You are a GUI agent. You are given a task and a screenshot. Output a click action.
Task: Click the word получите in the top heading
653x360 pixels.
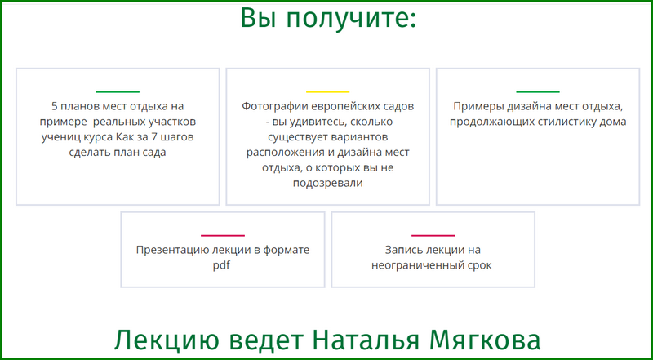pos(352,18)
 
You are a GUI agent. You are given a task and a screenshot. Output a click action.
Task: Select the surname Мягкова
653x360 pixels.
pos(485,340)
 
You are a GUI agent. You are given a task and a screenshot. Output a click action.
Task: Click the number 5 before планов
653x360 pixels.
pos(54,106)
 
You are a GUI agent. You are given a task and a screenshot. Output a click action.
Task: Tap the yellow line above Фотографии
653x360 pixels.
pos(328,91)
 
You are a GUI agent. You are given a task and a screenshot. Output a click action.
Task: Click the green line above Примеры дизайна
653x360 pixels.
pos(538,91)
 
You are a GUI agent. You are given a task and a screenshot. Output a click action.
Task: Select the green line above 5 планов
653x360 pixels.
pos(118,91)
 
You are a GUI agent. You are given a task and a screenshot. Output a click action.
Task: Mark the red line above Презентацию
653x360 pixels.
pos(223,235)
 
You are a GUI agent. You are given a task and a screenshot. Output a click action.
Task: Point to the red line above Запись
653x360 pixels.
pos(433,235)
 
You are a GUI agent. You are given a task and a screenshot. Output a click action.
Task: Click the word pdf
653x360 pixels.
pos(221,266)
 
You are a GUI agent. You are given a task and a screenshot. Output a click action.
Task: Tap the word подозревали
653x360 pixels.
pos(328,184)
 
